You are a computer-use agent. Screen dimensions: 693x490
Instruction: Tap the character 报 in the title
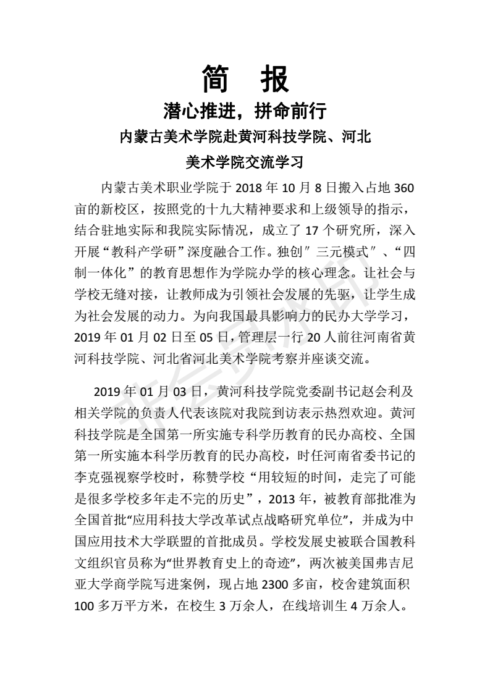pyautogui.click(x=272, y=79)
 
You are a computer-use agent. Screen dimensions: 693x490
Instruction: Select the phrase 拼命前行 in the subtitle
pyautogui.click(x=289, y=112)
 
